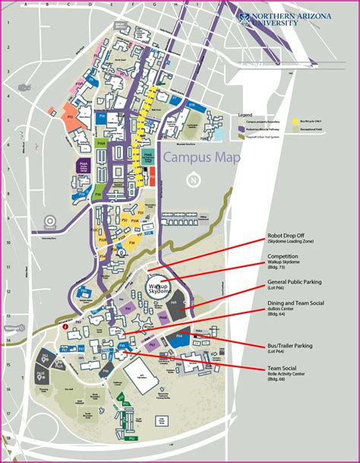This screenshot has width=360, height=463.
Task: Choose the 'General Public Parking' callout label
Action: click(294, 281)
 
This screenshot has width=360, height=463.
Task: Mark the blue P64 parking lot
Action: click(179, 338)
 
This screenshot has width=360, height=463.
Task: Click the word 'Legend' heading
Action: click(245, 115)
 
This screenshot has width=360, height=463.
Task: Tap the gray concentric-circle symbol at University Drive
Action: click(50, 223)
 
